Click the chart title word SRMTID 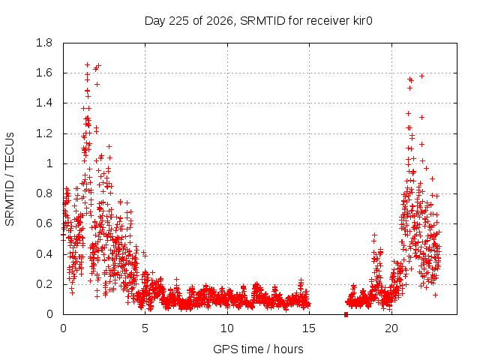tap(262, 21)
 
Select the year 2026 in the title tap(219, 21)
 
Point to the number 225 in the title tap(179, 21)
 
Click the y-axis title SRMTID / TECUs tap(10, 179)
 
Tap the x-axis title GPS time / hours tap(258, 349)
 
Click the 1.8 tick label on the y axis tap(44, 43)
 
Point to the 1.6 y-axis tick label tap(44, 73)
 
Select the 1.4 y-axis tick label tap(44, 103)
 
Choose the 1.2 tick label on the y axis tap(44, 133)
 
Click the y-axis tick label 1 tap(49, 163)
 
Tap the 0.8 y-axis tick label tap(44, 193)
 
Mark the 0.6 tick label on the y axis tap(44, 223)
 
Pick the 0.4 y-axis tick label tap(44, 254)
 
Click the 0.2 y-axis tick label tap(44, 284)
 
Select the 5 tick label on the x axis tap(145, 328)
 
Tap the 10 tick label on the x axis tap(227, 328)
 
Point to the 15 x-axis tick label tap(309, 328)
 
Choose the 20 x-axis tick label tap(391, 328)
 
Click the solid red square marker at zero tap(346, 314)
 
